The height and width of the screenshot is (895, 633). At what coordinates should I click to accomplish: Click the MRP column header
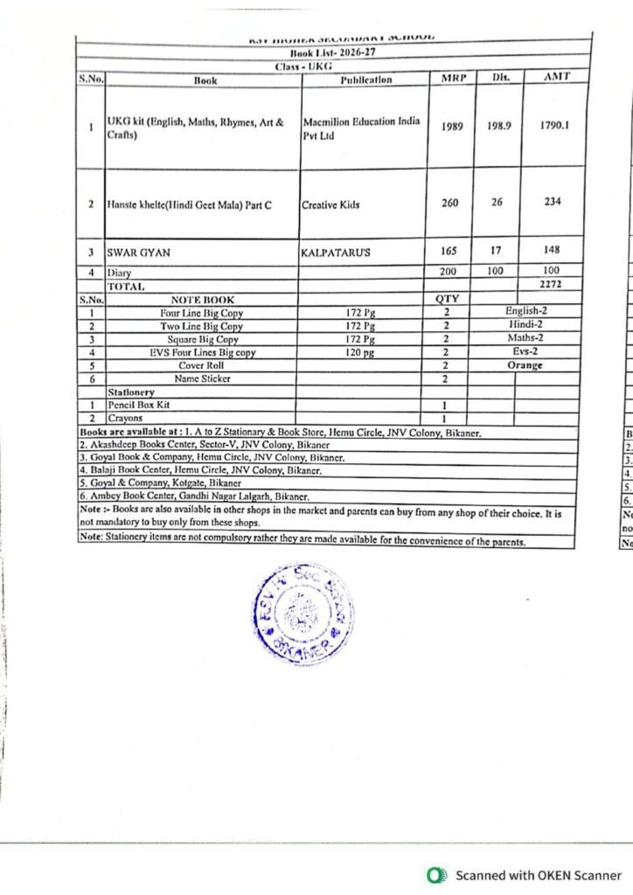[x=451, y=78]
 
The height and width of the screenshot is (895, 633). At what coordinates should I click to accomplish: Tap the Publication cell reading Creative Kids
[x=330, y=205]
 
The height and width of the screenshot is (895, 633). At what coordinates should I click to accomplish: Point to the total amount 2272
[x=551, y=284]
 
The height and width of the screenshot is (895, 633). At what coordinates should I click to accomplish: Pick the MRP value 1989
[x=452, y=126]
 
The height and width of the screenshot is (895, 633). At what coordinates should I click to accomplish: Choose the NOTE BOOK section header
[x=203, y=299]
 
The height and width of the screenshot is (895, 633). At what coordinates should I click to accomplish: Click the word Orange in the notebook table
[x=525, y=365]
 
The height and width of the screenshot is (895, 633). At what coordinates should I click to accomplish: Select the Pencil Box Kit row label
[x=136, y=406]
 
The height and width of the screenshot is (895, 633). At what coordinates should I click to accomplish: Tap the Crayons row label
[x=126, y=419]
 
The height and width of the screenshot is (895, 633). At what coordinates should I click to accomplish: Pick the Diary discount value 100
[x=496, y=271]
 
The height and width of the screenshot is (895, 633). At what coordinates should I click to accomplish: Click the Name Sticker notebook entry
[x=203, y=378]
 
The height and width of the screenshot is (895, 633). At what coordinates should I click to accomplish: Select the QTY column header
[x=447, y=299]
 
